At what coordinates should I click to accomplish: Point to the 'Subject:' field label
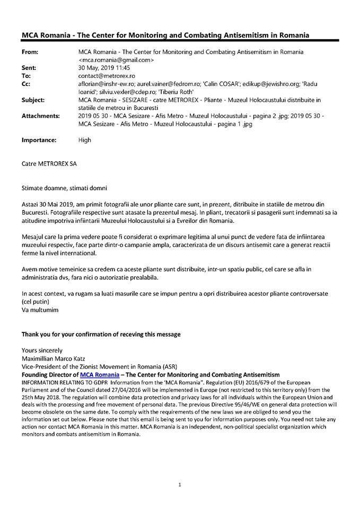coord(33,100)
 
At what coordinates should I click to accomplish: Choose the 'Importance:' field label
coord(39,140)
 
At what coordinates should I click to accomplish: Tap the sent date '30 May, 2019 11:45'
coord(104,68)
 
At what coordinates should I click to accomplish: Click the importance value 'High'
coord(84,140)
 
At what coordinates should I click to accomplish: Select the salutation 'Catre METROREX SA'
coord(49,164)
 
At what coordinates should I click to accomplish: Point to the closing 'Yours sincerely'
coord(41,350)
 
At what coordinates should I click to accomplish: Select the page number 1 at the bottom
coord(180,484)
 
